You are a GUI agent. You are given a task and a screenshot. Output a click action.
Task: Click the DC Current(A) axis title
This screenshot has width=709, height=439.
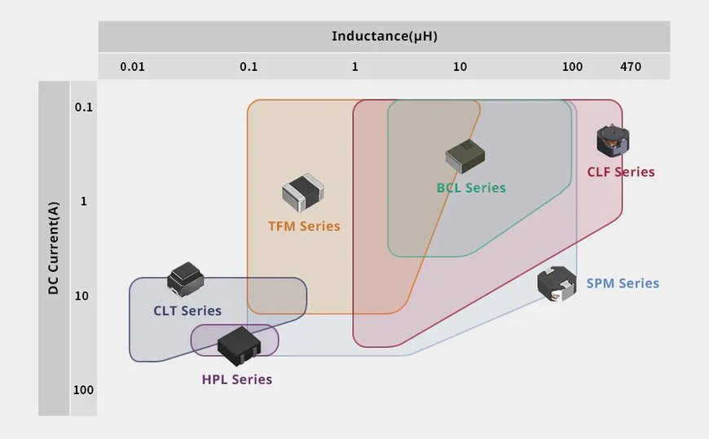[54, 248]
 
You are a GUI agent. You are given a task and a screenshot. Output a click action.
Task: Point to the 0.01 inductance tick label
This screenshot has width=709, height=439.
[132, 67]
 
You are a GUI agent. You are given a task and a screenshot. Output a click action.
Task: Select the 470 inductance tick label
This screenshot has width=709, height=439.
[630, 67]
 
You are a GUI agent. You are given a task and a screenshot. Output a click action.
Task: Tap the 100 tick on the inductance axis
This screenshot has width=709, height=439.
[572, 67]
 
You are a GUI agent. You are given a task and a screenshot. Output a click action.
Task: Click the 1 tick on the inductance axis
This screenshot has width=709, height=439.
[354, 67]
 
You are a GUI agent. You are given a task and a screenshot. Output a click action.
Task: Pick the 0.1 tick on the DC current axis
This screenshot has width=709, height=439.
[84, 108]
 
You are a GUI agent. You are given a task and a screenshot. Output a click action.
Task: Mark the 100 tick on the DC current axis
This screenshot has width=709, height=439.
[84, 390]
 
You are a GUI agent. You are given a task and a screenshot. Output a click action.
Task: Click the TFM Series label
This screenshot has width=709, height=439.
[304, 226]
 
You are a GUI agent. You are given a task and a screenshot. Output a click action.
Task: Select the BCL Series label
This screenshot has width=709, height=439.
[471, 188]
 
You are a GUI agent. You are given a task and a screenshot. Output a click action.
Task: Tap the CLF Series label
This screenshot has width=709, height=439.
[621, 172]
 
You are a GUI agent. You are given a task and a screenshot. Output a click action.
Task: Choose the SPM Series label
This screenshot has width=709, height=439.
[623, 283]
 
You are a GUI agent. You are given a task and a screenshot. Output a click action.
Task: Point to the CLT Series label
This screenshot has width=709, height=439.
[187, 310]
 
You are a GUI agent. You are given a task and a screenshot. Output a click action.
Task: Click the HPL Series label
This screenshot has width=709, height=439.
[237, 380]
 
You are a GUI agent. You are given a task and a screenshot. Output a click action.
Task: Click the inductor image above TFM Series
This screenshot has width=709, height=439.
[304, 190]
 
